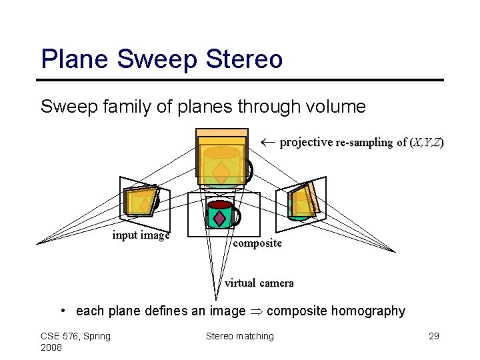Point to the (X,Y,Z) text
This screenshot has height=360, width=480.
pyautogui.click(x=426, y=143)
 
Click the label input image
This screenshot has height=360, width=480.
pyautogui.click(x=141, y=235)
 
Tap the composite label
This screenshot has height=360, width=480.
pyautogui.click(x=257, y=243)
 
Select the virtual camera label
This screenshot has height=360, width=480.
pyautogui.click(x=259, y=283)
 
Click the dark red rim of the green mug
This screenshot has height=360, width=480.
pyautogui.click(x=220, y=205)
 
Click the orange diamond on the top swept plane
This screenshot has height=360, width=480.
pyautogui.click(x=221, y=173)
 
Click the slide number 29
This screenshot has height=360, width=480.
pyautogui.click(x=433, y=336)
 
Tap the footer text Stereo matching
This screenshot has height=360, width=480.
pyautogui.click(x=239, y=336)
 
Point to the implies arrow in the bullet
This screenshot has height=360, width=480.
pyautogui.click(x=256, y=311)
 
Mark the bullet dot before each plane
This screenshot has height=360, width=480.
pyautogui.click(x=62, y=311)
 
